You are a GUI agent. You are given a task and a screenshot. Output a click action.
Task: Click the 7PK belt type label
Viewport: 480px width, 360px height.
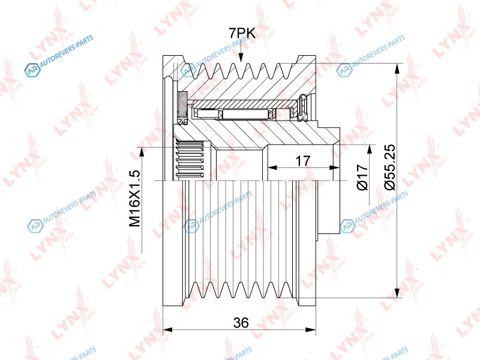click(x=242, y=33)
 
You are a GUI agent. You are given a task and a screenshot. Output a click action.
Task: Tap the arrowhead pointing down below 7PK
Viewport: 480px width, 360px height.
click(x=241, y=58)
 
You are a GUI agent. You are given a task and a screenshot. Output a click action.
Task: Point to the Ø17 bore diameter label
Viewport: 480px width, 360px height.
click(x=362, y=177)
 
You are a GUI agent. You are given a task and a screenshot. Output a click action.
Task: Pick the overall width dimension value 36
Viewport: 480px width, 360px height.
click(x=241, y=322)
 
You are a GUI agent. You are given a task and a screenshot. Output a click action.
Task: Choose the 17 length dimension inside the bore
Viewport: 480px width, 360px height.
click(x=303, y=161)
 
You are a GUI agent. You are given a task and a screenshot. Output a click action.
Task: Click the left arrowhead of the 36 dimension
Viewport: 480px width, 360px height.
click(x=167, y=329)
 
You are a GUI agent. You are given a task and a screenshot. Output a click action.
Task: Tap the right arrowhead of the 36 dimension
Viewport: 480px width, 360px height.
click(x=311, y=329)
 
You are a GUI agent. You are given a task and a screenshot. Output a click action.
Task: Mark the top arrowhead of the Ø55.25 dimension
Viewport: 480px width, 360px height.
click(x=397, y=68)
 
